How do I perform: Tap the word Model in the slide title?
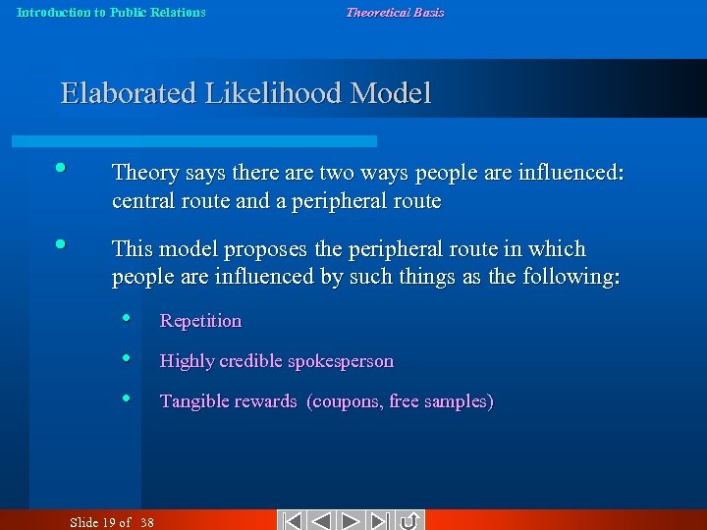391,93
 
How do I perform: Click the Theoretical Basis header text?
395,13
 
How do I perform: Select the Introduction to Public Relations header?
112,13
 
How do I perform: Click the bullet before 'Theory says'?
61,168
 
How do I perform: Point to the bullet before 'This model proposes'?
61,243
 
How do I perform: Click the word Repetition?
200,321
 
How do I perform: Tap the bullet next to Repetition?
127,317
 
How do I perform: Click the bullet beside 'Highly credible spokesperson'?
127,357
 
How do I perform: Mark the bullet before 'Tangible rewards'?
127,397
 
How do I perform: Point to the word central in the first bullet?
143,201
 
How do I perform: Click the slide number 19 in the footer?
108,522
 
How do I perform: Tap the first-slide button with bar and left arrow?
291,521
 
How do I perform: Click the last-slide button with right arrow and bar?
381,521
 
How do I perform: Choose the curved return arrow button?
410,521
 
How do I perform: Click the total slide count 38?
146,522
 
